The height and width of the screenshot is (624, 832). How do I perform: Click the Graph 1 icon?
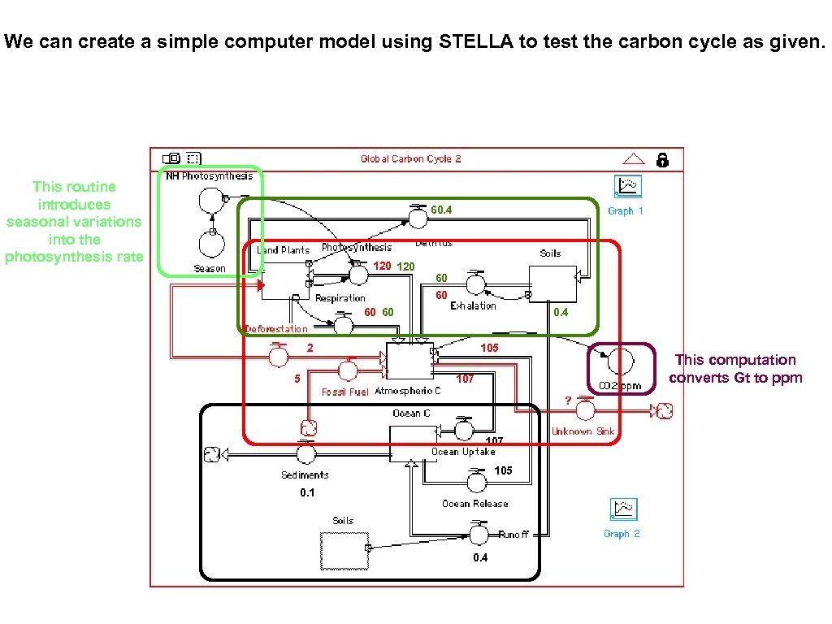(627, 187)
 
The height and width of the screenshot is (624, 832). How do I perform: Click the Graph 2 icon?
(623, 510)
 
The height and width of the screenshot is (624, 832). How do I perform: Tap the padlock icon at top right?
(662, 159)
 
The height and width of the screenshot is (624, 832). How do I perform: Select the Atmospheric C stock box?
(409, 361)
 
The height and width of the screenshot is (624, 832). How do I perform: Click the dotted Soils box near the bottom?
(344, 550)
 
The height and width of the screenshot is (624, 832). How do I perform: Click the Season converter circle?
(210, 244)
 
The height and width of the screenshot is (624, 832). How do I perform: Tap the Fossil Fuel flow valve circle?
(348, 371)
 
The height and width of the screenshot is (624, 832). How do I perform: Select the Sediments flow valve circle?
(305, 454)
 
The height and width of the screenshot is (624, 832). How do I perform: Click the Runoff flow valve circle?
(479, 534)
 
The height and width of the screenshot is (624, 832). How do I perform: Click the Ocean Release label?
(474, 504)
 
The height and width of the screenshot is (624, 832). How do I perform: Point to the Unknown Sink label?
(583, 431)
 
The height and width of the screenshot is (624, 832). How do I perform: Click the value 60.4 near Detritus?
(441, 210)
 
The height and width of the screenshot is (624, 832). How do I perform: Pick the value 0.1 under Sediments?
(307, 493)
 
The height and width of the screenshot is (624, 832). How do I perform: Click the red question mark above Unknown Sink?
(568, 400)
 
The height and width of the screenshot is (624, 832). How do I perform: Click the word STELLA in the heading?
(477, 42)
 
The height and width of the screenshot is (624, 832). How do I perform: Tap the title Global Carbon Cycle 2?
(410, 159)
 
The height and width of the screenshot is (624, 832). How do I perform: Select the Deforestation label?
(276, 329)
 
